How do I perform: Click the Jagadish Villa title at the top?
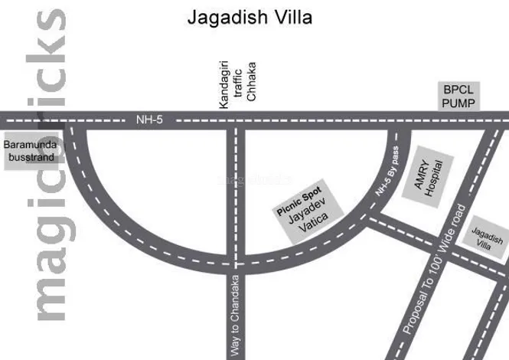[x=250, y=17]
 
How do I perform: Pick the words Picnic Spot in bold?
[x=299, y=203]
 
